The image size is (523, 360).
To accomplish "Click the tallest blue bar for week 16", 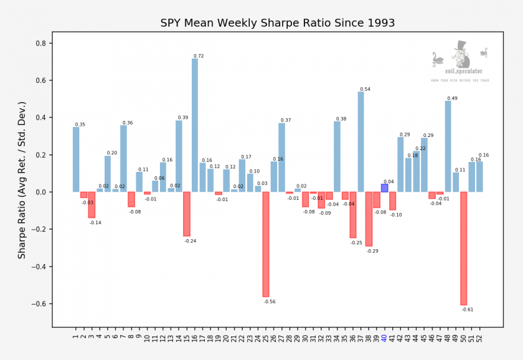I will pos(195,125).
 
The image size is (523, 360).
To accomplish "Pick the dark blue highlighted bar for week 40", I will pos(385,188).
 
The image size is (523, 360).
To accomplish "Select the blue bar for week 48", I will pos(448,146).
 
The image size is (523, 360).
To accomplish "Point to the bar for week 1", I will pos(76,159).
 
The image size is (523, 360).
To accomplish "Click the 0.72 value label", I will pos(199,56).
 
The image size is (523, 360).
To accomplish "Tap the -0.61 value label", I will pos(468,310).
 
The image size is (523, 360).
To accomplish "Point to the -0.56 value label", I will pos(270,301).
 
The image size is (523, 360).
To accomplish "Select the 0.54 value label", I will pos(365,89).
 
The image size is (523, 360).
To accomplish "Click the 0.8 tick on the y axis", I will pos(45,44).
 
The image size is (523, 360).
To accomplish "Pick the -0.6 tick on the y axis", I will pos(43,304).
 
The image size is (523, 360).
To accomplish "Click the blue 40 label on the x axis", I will pos(385,338).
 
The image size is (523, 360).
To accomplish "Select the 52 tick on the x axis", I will pos(480,338).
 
